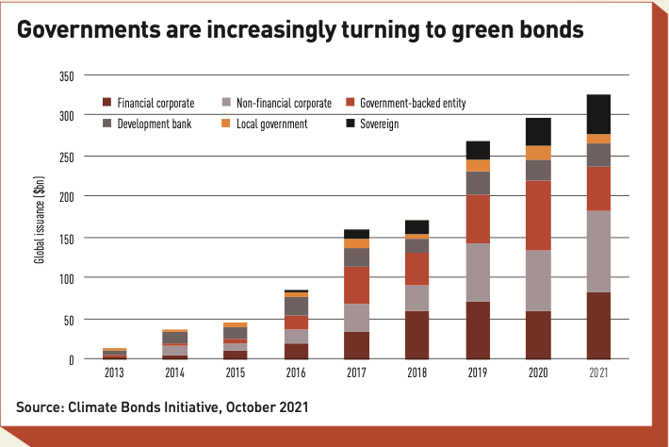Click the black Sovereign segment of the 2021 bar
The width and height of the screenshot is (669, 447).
(x=598, y=114)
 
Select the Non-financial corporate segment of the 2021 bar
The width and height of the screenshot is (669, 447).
(x=598, y=251)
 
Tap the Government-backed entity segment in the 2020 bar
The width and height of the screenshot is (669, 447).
(x=538, y=215)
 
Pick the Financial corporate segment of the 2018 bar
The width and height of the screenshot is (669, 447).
(x=418, y=335)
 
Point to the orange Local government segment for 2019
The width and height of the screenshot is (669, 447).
(x=478, y=165)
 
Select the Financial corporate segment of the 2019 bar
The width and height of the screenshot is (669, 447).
(x=478, y=330)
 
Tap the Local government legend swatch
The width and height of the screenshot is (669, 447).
(x=227, y=124)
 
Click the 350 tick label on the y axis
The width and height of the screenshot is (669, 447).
(x=66, y=75)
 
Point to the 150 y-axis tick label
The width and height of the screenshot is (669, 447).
(x=66, y=238)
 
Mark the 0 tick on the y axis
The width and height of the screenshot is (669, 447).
(x=71, y=359)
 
